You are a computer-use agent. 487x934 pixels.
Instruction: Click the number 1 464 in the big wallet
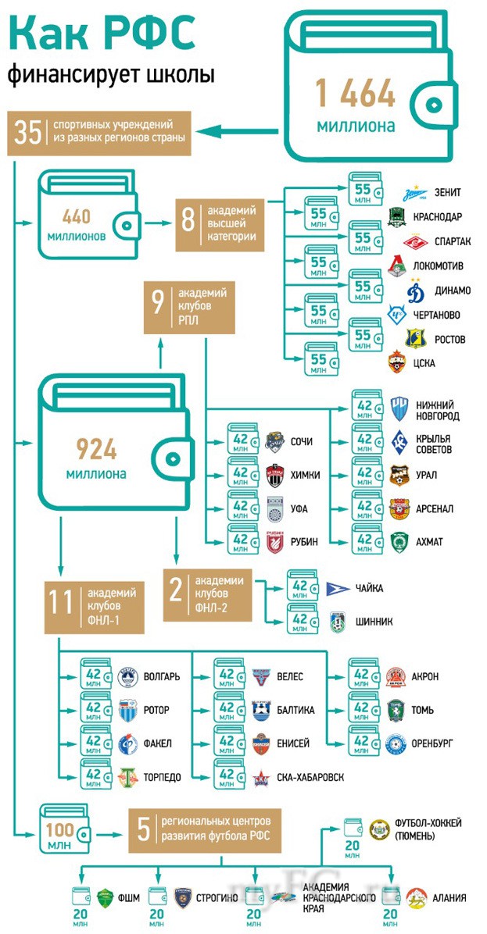tap(355, 94)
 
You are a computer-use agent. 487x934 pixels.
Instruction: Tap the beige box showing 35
tap(99, 132)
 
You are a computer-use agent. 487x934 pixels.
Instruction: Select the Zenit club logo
tap(414, 193)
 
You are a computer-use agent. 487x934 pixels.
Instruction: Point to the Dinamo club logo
tap(414, 290)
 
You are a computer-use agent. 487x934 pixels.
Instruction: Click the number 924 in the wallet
tap(96, 450)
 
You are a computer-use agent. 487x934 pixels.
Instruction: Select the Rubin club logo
tap(274, 542)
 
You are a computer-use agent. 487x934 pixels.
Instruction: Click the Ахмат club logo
tap(399, 542)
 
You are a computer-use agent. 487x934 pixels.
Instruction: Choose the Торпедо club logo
tap(127, 777)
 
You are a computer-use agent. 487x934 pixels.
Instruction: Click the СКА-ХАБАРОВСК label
tap(310, 777)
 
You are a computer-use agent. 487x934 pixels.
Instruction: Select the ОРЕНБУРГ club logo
tap(396, 743)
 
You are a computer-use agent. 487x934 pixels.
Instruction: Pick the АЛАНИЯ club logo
tap(416, 897)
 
